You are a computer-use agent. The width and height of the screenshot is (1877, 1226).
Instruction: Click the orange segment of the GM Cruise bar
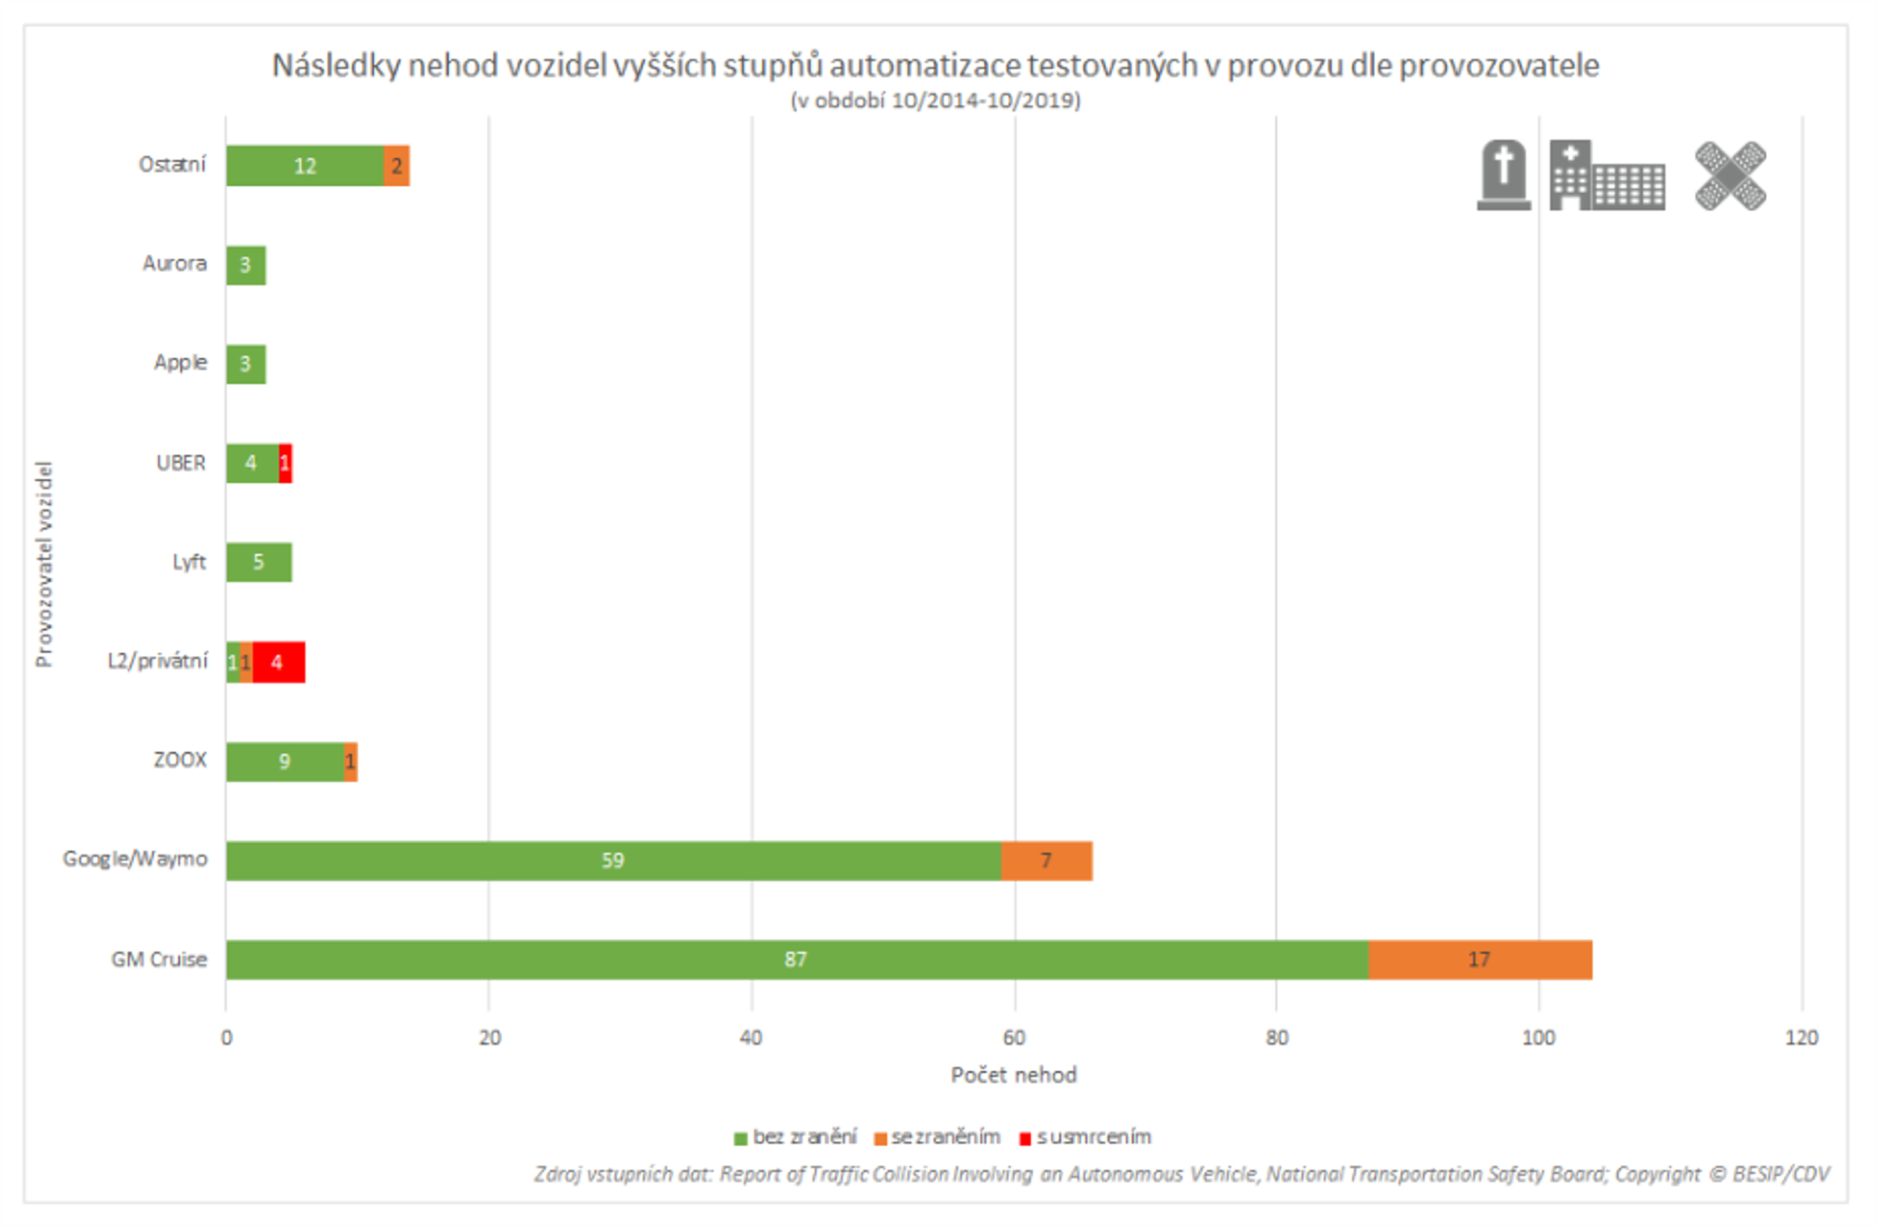(x=1480, y=959)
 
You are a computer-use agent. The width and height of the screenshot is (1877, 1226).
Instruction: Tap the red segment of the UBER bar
(x=285, y=463)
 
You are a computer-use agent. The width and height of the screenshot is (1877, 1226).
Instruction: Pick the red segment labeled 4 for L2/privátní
(x=278, y=661)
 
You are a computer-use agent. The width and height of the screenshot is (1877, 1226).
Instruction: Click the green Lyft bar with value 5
(x=259, y=561)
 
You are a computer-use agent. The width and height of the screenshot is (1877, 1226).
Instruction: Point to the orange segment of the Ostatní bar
(x=397, y=166)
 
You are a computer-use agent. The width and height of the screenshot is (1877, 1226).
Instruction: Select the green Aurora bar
(x=246, y=265)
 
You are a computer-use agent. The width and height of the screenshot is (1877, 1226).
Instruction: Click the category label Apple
(x=180, y=362)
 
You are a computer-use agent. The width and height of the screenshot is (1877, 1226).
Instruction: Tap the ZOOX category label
(x=180, y=759)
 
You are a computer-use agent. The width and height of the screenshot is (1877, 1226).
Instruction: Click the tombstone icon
(x=1503, y=175)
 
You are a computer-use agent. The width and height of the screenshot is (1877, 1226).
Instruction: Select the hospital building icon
(x=1606, y=175)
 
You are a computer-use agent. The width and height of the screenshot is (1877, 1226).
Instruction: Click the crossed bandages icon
(x=1729, y=175)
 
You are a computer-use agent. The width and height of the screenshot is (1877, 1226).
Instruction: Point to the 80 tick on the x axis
(x=1276, y=1038)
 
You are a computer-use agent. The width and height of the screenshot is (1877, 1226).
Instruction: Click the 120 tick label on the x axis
(x=1801, y=1038)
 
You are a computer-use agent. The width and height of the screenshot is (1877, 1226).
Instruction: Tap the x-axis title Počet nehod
(x=1013, y=1074)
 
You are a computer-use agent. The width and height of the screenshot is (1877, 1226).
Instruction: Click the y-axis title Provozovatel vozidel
(x=44, y=564)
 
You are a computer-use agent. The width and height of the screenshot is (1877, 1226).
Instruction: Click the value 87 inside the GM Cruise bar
(x=795, y=959)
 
